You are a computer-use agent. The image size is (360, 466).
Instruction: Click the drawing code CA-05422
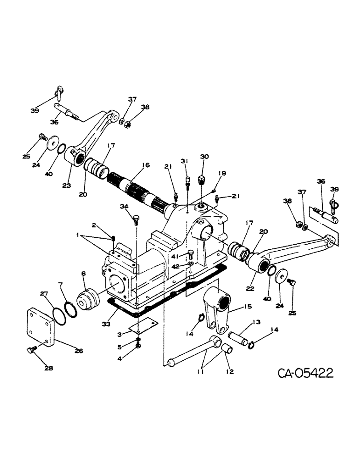pos(305,374)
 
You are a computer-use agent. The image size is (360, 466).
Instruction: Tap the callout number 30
pos(204,157)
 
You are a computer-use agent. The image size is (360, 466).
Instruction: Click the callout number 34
pos(123,206)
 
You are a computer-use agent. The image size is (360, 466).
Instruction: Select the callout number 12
pos(230,372)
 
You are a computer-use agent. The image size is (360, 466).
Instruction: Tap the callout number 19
pos(222,173)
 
